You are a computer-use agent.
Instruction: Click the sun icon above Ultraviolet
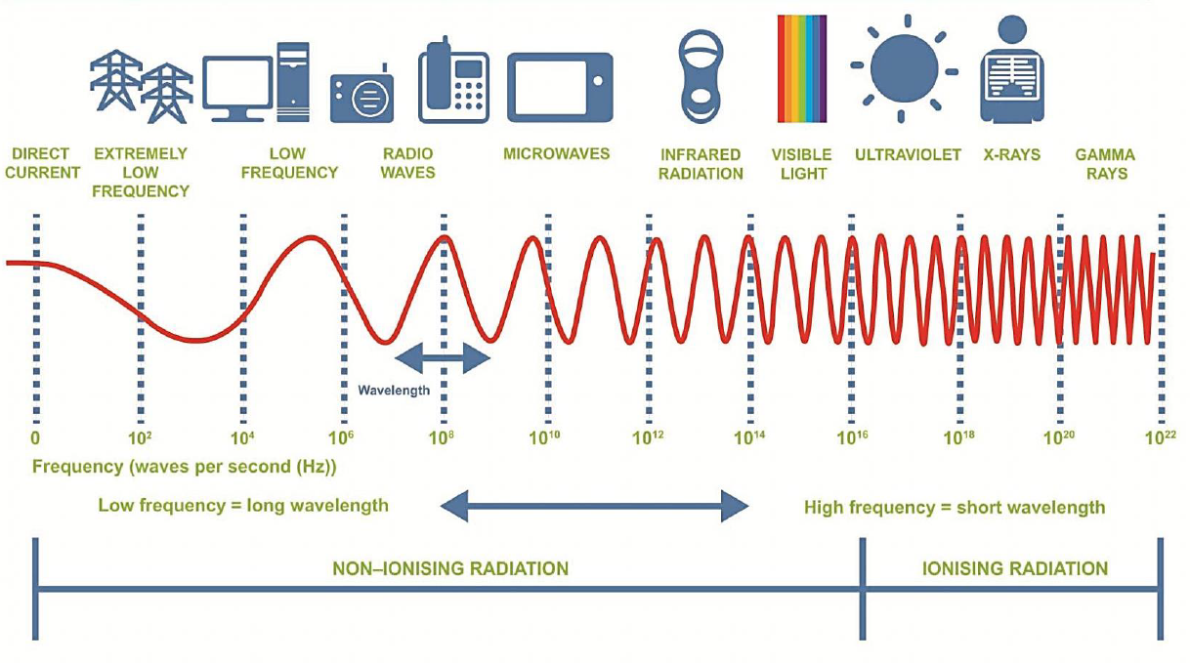(x=904, y=67)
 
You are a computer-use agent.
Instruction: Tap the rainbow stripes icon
(x=801, y=68)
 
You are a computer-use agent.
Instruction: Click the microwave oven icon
(x=560, y=87)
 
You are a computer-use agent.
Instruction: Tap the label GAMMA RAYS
(x=1105, y=164)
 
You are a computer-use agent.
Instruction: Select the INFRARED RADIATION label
(x=701, y=164)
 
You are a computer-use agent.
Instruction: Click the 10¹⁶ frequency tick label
(x=853, y=437)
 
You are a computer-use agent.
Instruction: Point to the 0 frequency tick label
(x=35, y=437)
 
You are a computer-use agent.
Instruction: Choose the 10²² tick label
(x=1160, y=437)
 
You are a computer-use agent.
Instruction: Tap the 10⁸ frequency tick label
(x=441, y=437)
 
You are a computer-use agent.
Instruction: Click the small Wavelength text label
(x=393, y=391)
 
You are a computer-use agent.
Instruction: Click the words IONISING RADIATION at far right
(x=1015, y=568)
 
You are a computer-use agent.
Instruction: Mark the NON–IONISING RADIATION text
(x=450, y=568)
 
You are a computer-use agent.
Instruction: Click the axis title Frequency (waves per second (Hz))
(x=185, y=467)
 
